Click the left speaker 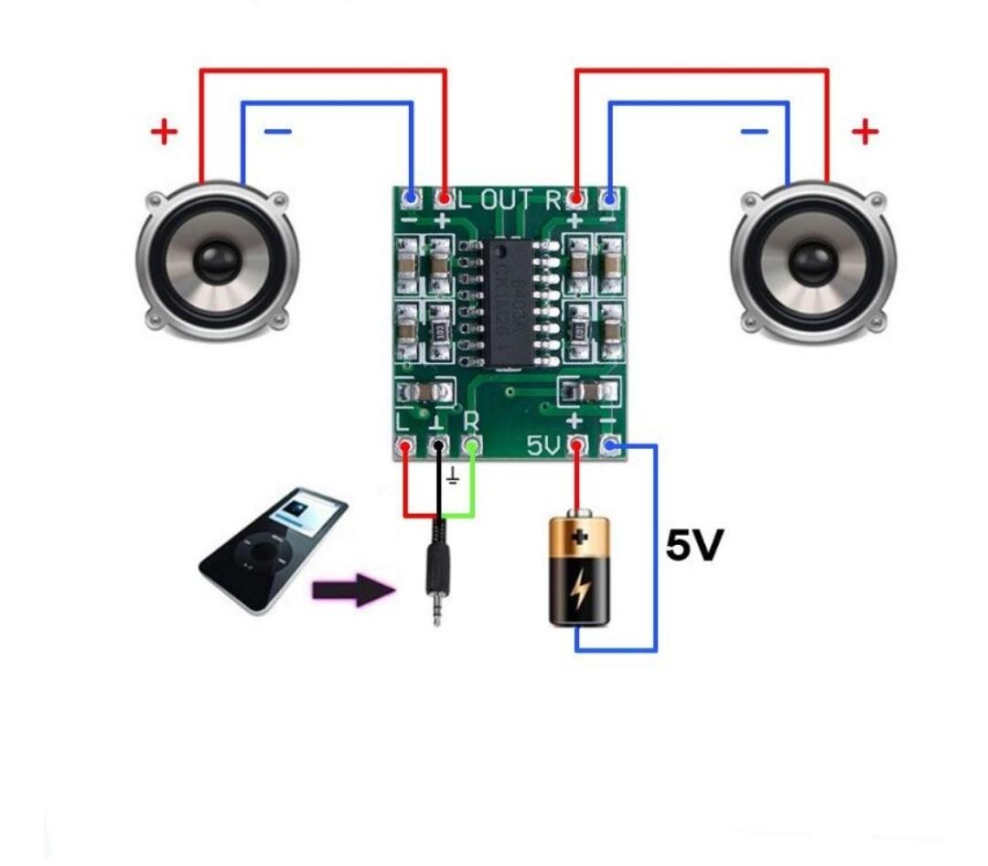tap(217, 261)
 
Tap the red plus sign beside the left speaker tap(165, 133)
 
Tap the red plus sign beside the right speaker tap(864, 133)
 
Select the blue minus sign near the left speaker tap(277, 133)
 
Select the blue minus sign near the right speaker tap(754, 133)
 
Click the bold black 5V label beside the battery tap(694, 546)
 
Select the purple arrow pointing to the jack tap(353, 590)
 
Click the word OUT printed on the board tap(511, 199)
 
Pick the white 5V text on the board tap(544, 446)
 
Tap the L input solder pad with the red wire tap(404, 447)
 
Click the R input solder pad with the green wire tap(472, 446)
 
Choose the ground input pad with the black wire tap(438, 447)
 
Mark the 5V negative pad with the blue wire tap(610, 446)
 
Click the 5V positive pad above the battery tap(577, 446)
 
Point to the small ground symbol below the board tap(452, 478)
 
